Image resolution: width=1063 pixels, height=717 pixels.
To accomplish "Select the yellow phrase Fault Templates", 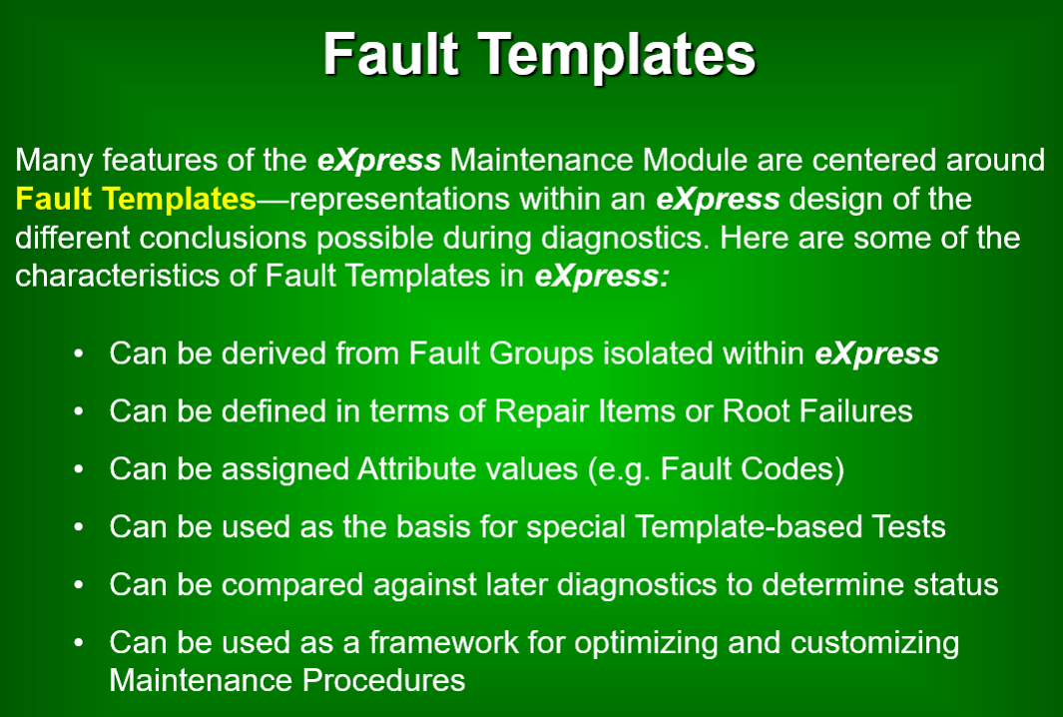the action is point(136,199).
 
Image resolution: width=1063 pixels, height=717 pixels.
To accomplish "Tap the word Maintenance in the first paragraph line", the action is point(542,160).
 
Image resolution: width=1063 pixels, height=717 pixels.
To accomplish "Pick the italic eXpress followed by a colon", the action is point(602,278).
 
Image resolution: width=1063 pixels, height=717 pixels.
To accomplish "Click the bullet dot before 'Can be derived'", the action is point(79,354).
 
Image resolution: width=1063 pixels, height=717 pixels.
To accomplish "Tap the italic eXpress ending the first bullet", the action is point(876,355).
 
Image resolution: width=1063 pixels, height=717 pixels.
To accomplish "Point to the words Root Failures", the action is point(816,411).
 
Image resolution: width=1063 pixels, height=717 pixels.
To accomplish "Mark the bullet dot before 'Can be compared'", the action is point(79,585).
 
